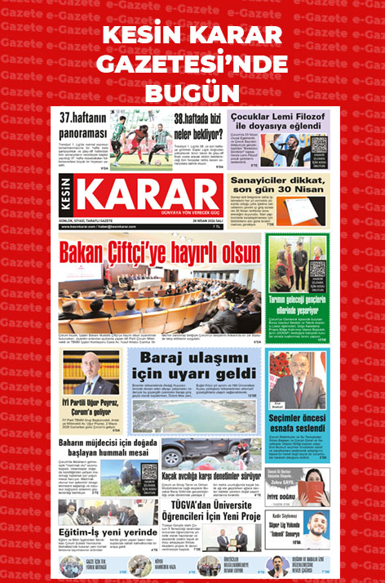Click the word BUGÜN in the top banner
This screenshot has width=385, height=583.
tap(192, 86)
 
